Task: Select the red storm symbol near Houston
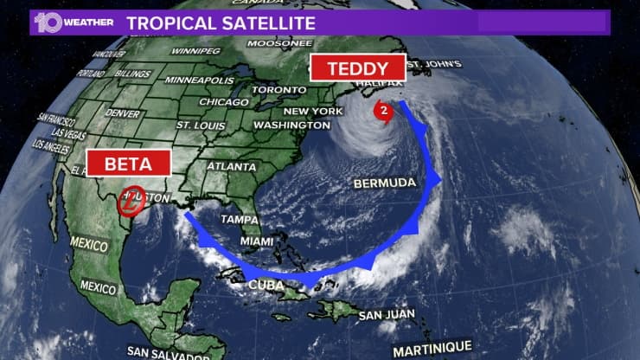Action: pos(131,201)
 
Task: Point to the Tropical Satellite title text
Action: pos(221,22)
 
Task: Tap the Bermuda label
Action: pos(385,183)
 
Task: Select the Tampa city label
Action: pos(239,220)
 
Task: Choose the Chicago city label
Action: pos(223,102)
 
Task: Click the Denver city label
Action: pos(124,113)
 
